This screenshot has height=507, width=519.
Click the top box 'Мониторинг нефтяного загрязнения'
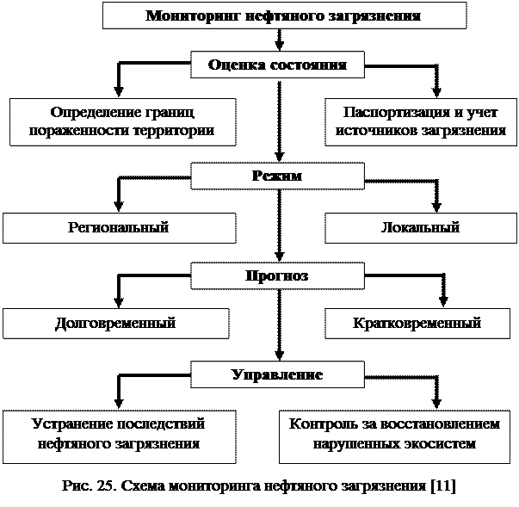pos(284,15)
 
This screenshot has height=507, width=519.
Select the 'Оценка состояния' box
pos(277,65)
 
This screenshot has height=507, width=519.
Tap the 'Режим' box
pos(277,176)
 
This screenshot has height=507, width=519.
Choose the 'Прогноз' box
pos(277,275)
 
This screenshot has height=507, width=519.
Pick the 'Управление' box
pos(277,374)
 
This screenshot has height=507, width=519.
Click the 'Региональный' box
pos(120,228)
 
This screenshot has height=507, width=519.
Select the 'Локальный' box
pos(421,228)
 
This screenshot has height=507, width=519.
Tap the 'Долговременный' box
pos(116,324)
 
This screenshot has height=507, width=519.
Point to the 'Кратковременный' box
pos(417,324)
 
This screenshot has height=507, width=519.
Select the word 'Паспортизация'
pos(396,113)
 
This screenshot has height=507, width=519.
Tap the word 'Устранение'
pos(73,424)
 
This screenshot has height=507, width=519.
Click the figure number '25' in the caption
pos(106,485)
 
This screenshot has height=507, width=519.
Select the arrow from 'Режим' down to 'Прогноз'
pos(280,226)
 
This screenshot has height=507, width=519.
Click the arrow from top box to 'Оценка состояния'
pos(280,40)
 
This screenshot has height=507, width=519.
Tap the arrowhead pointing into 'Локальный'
pos(437,207)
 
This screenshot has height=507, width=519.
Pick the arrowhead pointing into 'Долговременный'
pos(119,303)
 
